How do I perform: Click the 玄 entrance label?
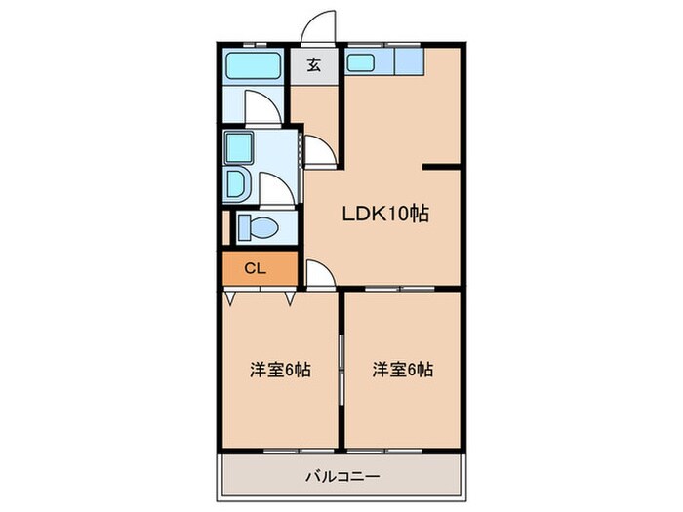click(314, 66)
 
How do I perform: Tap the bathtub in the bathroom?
click(252, 65)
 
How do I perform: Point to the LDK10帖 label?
click(384, 214)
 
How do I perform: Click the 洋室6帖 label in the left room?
click(280, 371)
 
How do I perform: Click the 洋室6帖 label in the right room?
click(403, 371)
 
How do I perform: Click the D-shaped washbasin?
click(238, 183)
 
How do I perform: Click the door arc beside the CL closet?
click(319, 273)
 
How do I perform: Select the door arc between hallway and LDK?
click(318, 151)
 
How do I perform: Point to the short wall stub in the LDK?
click(441, 168)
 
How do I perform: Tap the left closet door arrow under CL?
click(229, 297)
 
